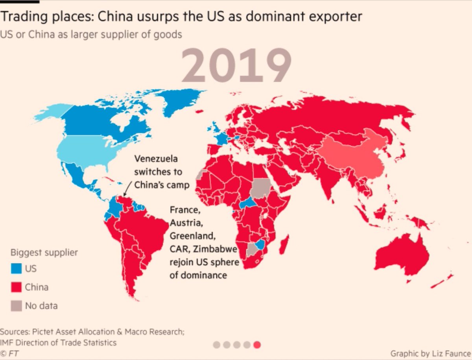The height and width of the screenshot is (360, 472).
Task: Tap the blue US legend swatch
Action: (x=16, y=269)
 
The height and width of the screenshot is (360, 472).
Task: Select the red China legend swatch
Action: (x=16, y=287)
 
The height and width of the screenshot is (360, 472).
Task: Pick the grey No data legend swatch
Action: (x=16, y=305)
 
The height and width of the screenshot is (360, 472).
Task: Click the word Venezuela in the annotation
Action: (x=156, y=159)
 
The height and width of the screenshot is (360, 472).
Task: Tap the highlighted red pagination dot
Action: (x=257, y=345)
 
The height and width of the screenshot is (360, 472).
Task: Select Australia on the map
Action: (x=401, y=256)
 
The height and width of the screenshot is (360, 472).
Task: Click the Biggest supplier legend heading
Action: (x=44, y=253)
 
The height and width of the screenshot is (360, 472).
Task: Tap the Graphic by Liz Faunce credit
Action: (x=430, y=353)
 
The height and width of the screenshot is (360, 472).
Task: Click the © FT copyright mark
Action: (x=10, y=353)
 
